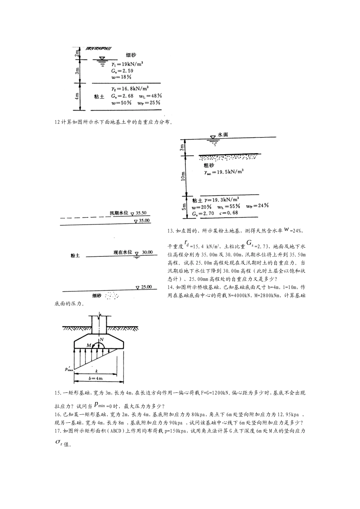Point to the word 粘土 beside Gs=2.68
pos(99,97)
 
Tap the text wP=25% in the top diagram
pos(148,103)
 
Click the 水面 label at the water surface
pos(223,135)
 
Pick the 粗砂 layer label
pos(209,165)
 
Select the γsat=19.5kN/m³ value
pos(223,172)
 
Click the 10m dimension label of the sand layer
pos(183,176)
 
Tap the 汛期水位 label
pos(119,213)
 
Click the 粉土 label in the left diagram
pos(75,256)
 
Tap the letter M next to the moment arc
pos(88,345)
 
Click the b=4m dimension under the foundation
pos(99,378)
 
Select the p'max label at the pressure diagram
pos(69,368)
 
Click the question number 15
pos(58,393)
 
